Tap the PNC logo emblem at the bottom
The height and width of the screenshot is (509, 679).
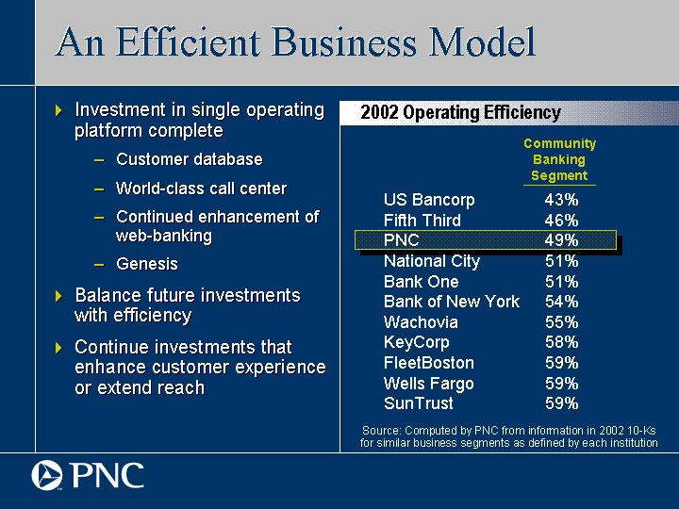point(47,475)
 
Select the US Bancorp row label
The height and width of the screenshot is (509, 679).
point(429,201)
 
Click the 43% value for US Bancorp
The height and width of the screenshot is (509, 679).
point(561,200)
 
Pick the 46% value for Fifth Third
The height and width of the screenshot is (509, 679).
point(561,221)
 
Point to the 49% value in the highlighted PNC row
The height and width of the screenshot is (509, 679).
point(561,240)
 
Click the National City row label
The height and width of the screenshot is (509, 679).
point(432,261)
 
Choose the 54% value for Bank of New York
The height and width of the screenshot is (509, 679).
point(561,302)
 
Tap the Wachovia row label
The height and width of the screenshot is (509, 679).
point(421,322)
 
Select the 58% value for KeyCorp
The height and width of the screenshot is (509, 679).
point(561,342)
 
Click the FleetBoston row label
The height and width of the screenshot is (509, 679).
point(429,363)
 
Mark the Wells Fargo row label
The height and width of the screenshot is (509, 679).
point(429,384)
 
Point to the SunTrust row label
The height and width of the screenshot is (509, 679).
point(419,403)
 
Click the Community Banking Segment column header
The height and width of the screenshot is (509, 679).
point(559,159)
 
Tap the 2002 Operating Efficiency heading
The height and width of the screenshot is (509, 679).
point(460,112)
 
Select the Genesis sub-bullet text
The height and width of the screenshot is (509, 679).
point(147,264)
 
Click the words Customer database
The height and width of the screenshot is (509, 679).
point(190,159)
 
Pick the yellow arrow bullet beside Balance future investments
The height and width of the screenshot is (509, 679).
point(58,297)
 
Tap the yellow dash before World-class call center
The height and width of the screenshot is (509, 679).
point(99,189)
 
